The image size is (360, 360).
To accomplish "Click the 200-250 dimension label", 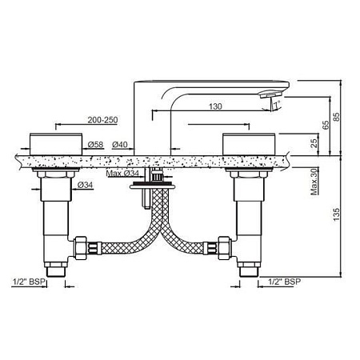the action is [102, 120].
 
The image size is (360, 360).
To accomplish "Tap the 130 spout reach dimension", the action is [215, 106].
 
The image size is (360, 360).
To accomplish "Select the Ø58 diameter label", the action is [96, 145].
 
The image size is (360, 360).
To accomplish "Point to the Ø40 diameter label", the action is [120, 145].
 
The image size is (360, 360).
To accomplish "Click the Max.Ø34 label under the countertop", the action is [122, 174].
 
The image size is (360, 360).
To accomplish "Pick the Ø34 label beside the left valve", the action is [85, 185].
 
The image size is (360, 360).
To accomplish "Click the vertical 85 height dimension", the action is [337, 117].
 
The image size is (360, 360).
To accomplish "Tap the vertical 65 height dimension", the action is [326, 125].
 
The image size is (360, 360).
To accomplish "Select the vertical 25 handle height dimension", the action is [314, 143].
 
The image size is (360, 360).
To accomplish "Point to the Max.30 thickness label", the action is [314, 182].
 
